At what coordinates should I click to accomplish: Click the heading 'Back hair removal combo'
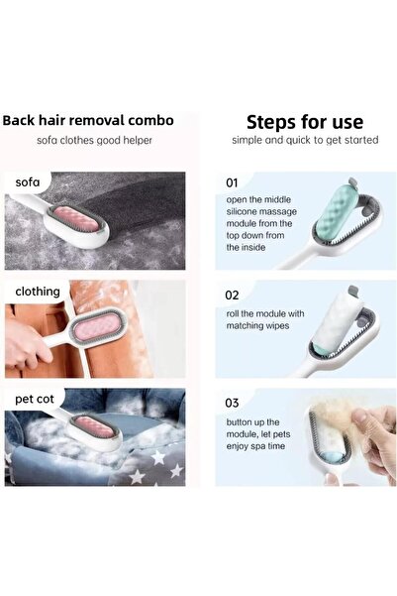88,121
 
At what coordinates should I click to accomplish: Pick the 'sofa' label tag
30,182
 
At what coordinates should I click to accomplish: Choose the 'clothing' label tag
38,292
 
